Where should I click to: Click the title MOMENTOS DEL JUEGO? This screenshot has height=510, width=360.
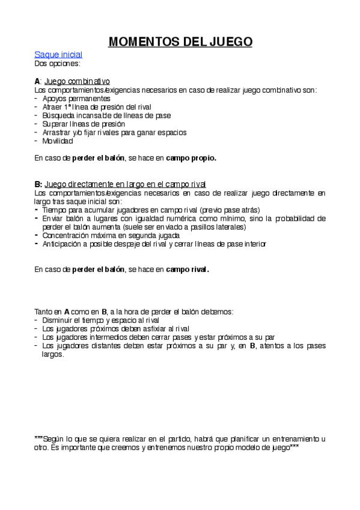point(180,41)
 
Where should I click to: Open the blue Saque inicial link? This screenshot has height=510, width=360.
point(58,54)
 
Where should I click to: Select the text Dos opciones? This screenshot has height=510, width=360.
point(58,63)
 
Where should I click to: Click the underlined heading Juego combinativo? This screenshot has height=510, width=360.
point(77,81)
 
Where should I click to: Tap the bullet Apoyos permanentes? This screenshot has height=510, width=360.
point(76,98)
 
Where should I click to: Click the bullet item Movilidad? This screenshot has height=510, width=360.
point(58,141)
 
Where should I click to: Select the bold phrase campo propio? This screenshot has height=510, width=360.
point(191,158)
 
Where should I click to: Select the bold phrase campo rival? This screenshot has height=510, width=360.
point(188,269)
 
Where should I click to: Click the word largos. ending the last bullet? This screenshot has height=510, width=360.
point(53,354)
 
